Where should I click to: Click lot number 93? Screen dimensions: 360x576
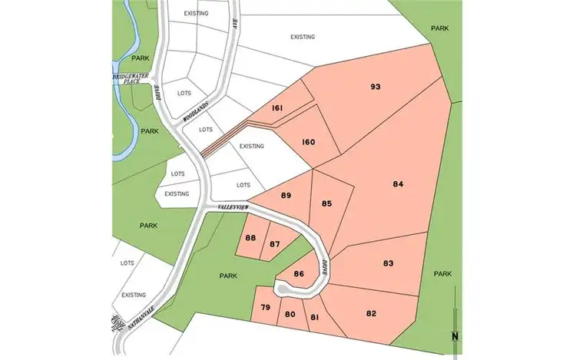[376, 87]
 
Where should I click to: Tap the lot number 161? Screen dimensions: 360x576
[277, 109]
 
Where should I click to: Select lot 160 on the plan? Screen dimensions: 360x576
[308, 142]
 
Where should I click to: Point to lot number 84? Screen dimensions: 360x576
[398, 184]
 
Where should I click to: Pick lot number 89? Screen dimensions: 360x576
[286, 196]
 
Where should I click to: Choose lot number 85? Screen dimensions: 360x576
[327, 203]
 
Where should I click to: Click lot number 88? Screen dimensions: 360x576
[250, 238]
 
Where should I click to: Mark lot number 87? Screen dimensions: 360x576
[274, 244]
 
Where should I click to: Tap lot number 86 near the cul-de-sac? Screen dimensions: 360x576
[300, 273]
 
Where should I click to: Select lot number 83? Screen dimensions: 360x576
[388, 263]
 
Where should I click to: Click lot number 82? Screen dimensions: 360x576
[372, 312]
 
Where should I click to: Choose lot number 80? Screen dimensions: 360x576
[290, 314]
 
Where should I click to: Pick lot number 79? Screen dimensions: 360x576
[265, 309]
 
